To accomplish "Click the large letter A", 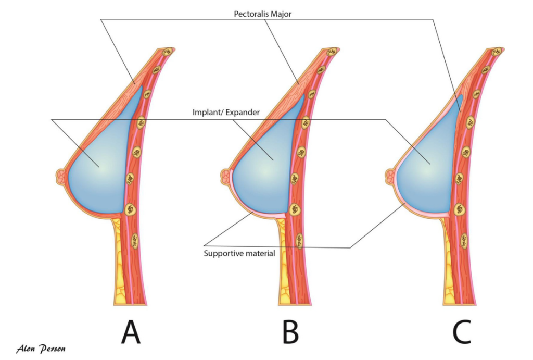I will [131, 332].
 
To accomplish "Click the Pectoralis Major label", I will [262, 14].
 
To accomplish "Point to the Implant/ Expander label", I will [226, 111].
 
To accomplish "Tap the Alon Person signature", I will [41, 348].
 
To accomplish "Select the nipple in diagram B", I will [225, 175].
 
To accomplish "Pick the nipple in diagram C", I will [388, 175].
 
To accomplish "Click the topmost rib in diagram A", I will [168, 52].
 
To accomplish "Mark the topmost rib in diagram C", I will [496, 52].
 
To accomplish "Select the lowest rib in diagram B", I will [299, 240].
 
